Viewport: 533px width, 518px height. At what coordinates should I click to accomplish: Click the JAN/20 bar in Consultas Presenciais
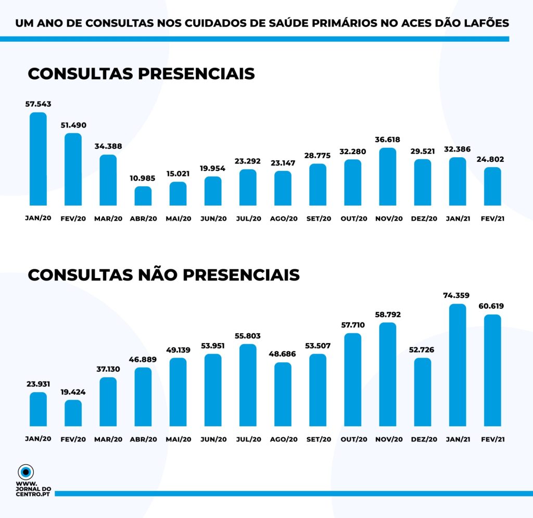(x=38, y=159)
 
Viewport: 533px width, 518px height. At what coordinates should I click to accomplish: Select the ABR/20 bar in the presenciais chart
(x=143, y=196)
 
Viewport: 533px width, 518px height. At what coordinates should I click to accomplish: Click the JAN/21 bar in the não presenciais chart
(x=458, y=364)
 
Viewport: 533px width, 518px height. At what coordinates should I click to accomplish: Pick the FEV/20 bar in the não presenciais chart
(x=73, y=413)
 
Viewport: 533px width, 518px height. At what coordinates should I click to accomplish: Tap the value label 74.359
(x=458, y=296)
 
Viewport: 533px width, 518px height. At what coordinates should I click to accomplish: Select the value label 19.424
(x=73, y=392)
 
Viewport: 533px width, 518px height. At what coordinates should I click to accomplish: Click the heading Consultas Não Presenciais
(x=163, y=274)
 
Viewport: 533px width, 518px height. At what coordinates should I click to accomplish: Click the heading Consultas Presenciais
(x=141, y=73)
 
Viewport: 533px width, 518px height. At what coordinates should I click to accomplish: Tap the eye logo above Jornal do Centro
(x=26, y=472)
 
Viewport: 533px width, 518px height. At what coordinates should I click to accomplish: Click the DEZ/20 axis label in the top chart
(x=423, y=219)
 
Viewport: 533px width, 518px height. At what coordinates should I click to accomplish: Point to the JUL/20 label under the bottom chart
(x=248, y=439)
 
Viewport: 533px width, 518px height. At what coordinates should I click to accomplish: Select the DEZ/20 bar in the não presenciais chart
(x=423, y=391)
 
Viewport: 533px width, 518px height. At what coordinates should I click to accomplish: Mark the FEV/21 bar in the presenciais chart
(x=492, y=186)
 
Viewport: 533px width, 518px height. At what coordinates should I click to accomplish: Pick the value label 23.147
(x=283, y=163)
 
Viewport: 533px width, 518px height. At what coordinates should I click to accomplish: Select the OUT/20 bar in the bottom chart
(x=353, y=380)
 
